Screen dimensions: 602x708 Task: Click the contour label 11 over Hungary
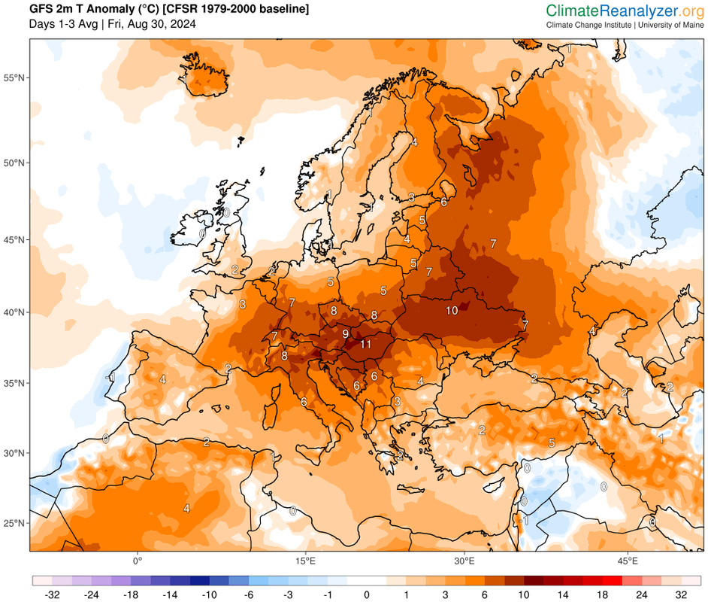[x=366, y=345]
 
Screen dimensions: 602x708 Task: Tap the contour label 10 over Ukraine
[x=452, y=310]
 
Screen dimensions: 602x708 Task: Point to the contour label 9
[x=345, y=333]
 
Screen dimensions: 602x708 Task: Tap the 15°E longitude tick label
[x=304, y=561]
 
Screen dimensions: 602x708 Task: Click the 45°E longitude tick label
[x=628, y=561]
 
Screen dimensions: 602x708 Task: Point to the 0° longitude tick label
[x=138, y=561]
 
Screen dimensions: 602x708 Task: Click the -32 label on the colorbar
[x=52, y=594]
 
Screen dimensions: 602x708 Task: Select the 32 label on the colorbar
[x=681, y=594]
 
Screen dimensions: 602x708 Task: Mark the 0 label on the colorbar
[x=367, y=594]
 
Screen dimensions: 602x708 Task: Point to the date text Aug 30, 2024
[x=163, y=24]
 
